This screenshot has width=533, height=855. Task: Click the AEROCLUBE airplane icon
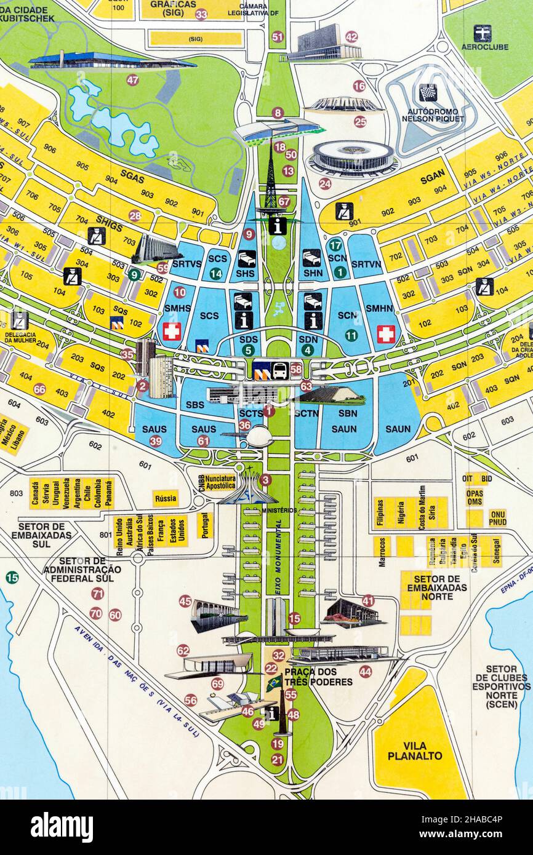click(x=482, y=33)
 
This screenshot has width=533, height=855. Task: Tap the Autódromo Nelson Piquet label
click(x=435, y=114)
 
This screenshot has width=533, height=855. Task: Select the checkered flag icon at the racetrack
click(x=428, y=93)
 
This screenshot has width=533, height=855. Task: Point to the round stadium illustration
click(x=353, y=157)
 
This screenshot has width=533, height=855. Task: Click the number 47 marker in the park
click(x=132, y=80)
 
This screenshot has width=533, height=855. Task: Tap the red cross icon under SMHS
click(x=172, y=332)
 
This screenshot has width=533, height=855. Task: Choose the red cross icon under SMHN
click(x=386, y=334)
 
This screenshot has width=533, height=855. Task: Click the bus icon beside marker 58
click(x=279, y=370)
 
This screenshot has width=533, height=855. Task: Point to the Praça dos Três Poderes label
click(x=318, y=677)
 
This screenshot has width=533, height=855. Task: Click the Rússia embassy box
click(x=166, y=498)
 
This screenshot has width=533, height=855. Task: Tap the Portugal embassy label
click(x=204, y=525)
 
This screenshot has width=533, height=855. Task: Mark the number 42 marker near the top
click(x=351, y=36)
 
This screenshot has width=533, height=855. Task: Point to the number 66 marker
click(x=39, y=389)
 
